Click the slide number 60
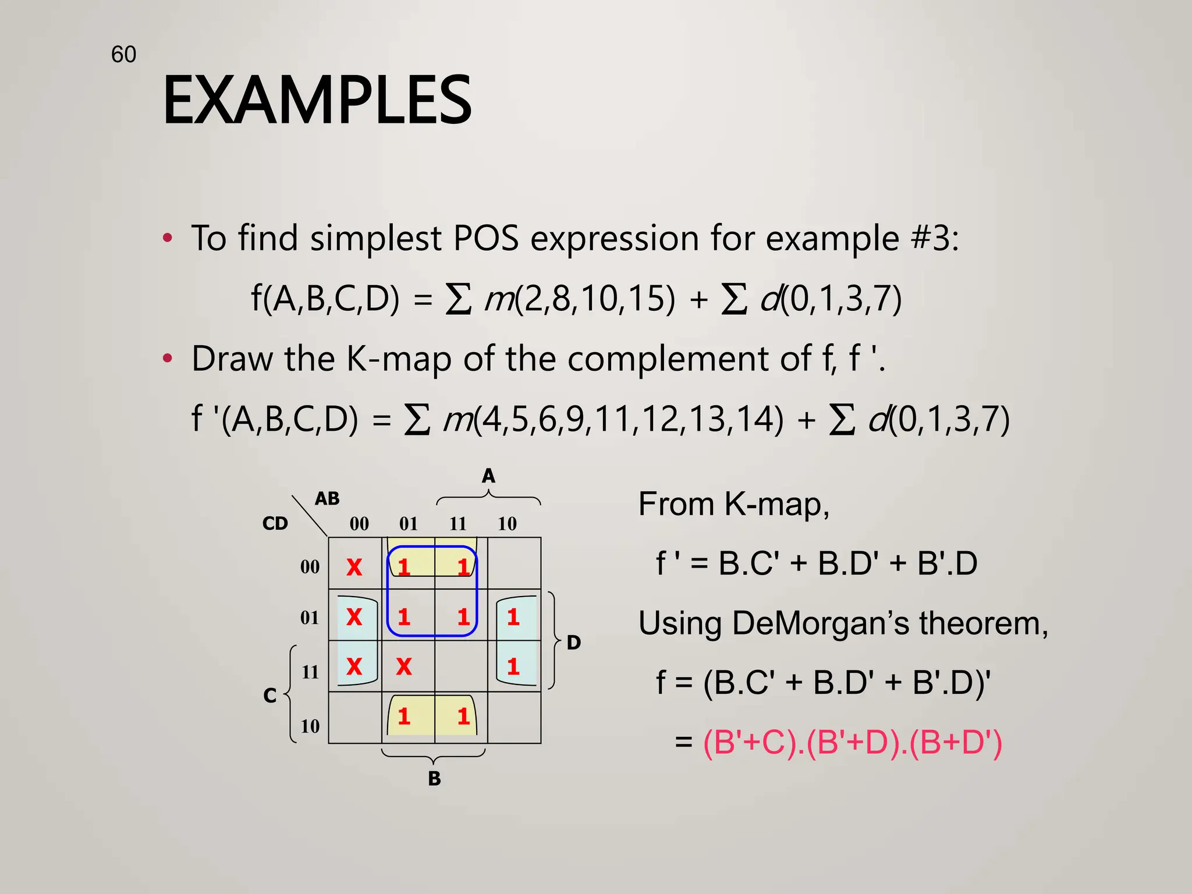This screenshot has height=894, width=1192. click(x=123, y=55)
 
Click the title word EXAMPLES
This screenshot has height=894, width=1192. click(x=317, y=100)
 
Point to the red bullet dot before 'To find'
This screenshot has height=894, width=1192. click(x=168, y=238)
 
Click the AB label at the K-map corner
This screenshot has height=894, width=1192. click(x=327, y=499)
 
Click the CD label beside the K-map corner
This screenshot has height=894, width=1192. click(x=275, y=523)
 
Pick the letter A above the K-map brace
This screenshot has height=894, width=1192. click(x=488, y=476)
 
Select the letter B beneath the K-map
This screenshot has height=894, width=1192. click(x=434, y=778)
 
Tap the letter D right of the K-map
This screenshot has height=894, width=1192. click(x=574, y=643)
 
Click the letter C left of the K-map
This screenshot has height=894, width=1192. click(x=269, y=696)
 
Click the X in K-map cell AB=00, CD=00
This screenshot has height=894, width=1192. click(x=354, y=567)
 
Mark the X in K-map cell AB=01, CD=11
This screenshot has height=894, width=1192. click(x=404, y=666)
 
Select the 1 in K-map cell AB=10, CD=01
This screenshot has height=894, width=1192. click(x=513, y=617)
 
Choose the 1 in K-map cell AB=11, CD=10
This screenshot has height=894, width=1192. click(x=463, y=716)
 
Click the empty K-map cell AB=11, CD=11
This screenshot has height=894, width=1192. click(x=461, y=666)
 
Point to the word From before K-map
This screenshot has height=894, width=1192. click(x=675, y=504)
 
